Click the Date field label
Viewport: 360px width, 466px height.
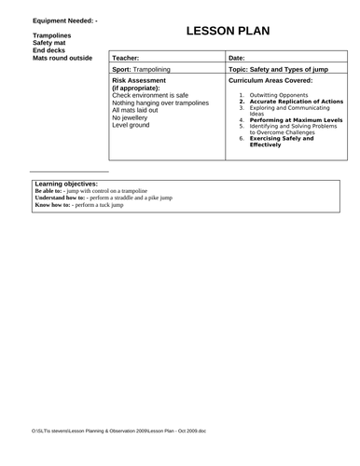tap(237, 58)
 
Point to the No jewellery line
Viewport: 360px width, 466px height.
tap(132, 117)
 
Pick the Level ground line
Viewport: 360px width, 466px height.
tap(132, 125)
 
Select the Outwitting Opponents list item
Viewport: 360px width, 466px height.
tap(284, 95)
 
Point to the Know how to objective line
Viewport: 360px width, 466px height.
tap(79, 204)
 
